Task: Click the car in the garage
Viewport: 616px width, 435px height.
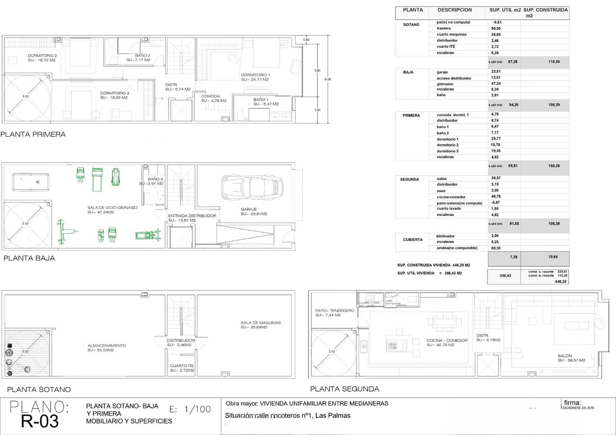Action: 252,187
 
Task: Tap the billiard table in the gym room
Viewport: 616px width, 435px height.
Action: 31,182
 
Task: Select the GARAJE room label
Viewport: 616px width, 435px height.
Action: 249,209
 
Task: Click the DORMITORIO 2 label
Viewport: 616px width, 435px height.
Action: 42,56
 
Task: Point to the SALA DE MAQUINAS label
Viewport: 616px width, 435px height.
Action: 261,323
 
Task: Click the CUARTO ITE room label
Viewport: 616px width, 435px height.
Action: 182,366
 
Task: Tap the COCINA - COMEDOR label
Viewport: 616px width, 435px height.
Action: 447,340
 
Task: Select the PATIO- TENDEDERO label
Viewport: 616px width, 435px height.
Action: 335,310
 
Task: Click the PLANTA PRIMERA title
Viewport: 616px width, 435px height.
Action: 33,134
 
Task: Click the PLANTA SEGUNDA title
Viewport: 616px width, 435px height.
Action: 345,389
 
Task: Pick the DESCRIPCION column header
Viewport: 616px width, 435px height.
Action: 455,10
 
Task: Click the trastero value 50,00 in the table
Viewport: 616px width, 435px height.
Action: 496,28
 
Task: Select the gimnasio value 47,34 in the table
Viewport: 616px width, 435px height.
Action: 496,83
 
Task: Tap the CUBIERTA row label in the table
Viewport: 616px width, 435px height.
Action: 413,240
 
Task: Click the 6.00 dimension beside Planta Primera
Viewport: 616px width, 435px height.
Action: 328,79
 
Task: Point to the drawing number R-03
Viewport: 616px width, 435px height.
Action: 40,421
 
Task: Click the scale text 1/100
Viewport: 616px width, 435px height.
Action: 198,409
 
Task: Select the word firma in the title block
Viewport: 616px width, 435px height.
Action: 572,403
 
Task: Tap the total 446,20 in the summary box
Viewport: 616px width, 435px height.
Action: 561,282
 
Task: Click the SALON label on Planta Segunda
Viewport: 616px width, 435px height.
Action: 565,356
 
